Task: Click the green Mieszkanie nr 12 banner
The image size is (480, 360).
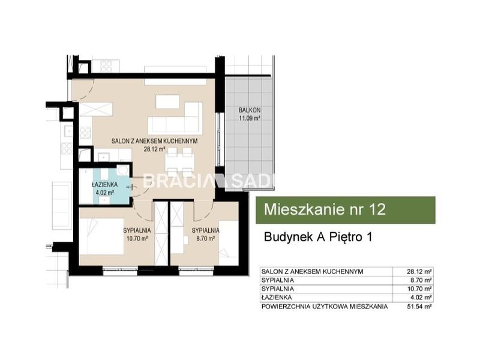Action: click(x=346, y=210)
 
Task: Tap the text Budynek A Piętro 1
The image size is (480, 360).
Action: click(x=318, y=237)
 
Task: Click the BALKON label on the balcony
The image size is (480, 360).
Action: click(x=250, y=110)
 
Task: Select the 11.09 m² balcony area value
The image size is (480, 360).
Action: click(x=250, y=118)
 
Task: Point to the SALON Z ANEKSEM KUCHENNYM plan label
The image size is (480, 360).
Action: click(x=154, y=141)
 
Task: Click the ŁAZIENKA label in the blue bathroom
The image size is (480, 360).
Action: click(x=104, y=185)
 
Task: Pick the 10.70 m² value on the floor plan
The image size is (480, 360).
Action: click(x=137, y=238)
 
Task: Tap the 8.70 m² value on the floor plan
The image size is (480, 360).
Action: click(x=205, y=238)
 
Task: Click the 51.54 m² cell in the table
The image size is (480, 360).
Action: click(x=419, y=306)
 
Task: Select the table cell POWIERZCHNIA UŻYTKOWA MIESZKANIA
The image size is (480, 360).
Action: click(x=325, y=306)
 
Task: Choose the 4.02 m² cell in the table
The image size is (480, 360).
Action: click(x=421, y=297)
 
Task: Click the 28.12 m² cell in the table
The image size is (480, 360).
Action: click(x=419, y=271)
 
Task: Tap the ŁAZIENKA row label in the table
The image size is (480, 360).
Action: click(x=277, y=297)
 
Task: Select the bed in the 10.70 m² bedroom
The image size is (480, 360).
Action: click(x=101, y=236)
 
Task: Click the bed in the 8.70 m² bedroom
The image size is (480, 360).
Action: click(x=229, y=243)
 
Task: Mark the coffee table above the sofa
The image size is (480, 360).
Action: click(x=167, y=101)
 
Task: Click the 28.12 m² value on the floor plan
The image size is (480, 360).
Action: click(x=154, y=149)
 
